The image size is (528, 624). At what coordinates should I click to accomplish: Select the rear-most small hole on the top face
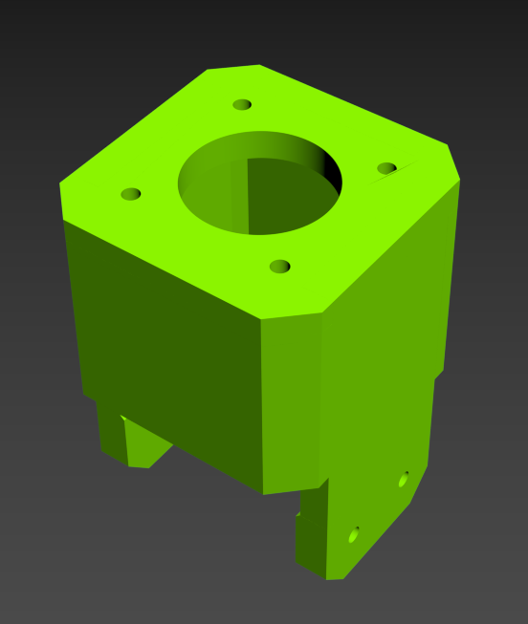242,104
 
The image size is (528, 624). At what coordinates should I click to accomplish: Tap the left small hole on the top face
131,194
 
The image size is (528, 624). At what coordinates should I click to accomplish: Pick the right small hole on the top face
386,168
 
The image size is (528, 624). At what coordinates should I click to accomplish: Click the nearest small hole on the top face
279,266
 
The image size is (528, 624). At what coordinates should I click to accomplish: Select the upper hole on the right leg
403,479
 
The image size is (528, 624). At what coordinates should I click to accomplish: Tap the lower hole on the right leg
353,535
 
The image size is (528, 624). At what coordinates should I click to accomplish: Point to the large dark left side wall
163,344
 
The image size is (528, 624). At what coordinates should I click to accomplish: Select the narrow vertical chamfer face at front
292,401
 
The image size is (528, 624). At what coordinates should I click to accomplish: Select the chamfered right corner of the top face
453,161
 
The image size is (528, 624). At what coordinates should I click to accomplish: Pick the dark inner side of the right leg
311,535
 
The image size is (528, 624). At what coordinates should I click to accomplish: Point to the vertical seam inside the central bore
248,195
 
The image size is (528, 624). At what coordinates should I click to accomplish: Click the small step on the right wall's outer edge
439,376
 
